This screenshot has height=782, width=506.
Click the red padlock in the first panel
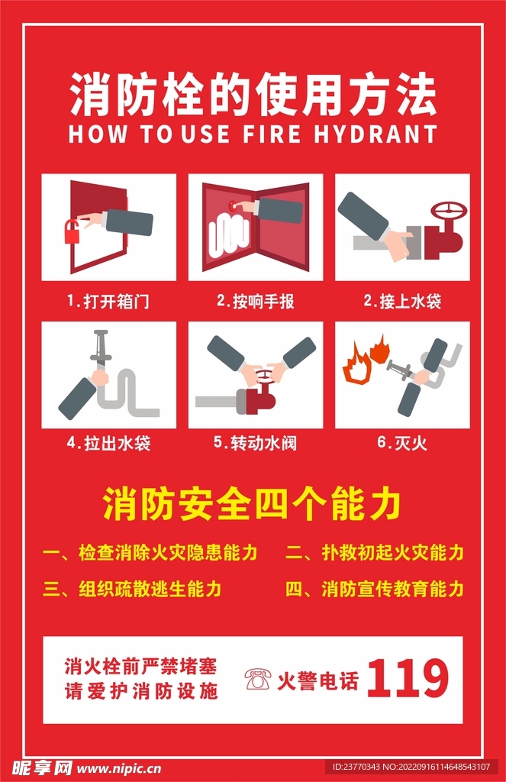[x=73, y=231]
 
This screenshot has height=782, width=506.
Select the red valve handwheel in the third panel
[x=448, y=212]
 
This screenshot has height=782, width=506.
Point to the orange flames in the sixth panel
[x=365, y=361]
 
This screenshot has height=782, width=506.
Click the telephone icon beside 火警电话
[x=258, y=678]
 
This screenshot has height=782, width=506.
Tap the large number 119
[x=408, y=677]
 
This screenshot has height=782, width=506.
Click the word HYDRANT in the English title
[x=375, y=134]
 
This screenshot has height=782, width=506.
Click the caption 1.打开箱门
[x=108, y=302]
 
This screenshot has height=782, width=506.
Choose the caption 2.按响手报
[x=255, y=302]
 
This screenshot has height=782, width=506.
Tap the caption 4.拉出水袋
[x=108, y=443]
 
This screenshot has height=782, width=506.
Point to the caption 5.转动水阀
[x=255, y=443]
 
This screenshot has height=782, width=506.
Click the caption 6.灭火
[x=401, y=443]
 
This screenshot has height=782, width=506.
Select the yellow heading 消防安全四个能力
[x=253, y=506]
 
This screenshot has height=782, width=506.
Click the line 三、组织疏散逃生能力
[x=132, y=589]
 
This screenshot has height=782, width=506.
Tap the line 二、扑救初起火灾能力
[x=374, y=553]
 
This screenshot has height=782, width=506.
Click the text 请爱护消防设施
[x=141, y=692]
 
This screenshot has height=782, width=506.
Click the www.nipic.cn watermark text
[x=120, y=767]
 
